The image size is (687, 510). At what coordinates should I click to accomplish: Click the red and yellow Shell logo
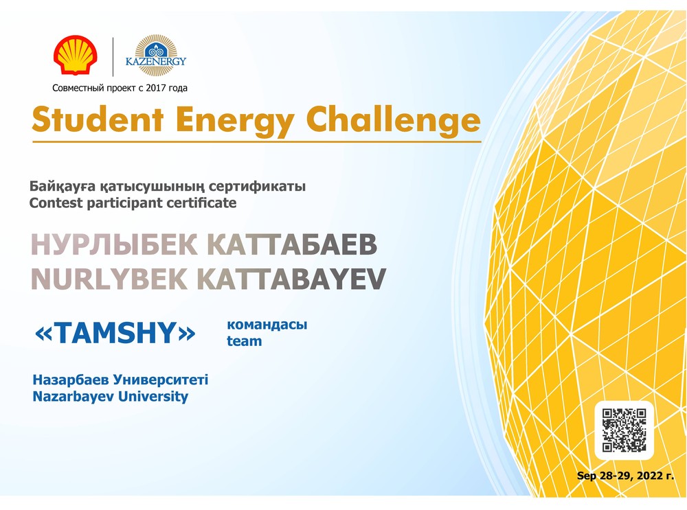pyautogui.click(x=76, y=55)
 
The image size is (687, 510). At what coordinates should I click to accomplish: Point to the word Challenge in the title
pyautogui.click(x=393, y=120)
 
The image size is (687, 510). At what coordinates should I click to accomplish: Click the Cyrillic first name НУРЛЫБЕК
pyautogui.click(x=114, y=244)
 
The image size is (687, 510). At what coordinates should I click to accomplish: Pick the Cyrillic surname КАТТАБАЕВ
pyautogui.click(x=292, y=244)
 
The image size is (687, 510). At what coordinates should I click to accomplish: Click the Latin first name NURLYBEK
pyautogui.click(x=109, y=279)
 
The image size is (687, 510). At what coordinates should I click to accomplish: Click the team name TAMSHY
pyautogui.click(x=115, y=333)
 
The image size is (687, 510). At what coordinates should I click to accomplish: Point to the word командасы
pyautogui.click(x=267, y=325)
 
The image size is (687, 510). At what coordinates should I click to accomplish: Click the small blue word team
pyautogui.click(x=244, y=340)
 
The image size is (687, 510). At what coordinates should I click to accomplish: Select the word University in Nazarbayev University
pyautogui.click(x=153, y=397)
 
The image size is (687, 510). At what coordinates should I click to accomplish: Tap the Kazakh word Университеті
pyautogui.click(x=160, y=380)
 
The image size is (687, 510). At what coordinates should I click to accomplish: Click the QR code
pyautogui.click(x=624, y=430)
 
